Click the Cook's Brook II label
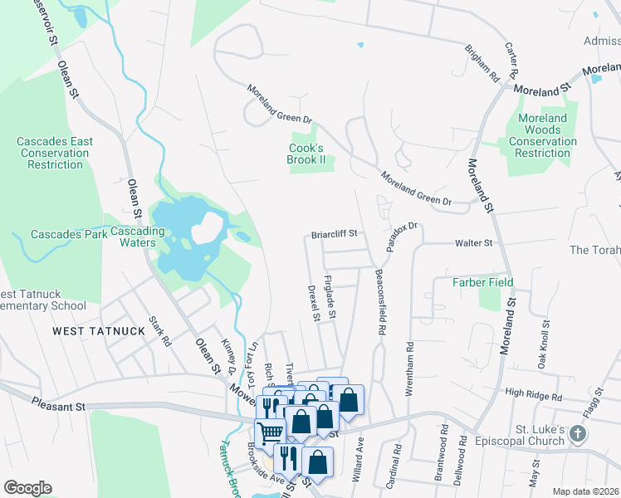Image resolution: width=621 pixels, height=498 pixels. [306, 154]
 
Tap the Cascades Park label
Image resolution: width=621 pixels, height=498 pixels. [69, 234]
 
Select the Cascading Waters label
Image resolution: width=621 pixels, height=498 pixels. [133, 237]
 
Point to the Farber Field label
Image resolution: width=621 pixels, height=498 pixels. [482, 282]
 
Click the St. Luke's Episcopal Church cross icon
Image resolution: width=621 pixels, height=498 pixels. [579, 433]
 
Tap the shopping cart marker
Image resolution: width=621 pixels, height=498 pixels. [270, 431]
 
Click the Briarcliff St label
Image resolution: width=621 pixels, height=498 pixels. [334, 234]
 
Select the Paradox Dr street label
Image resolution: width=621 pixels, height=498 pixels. [400, 236]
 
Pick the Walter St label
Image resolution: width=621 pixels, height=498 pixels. [473, 243]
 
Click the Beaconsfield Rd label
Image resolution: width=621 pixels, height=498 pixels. [380, 301]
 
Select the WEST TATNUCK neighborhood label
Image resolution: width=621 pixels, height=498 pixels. [99, 330]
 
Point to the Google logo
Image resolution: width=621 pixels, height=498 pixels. [27, 488]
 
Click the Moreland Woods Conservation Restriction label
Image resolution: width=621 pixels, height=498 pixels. [542, 135]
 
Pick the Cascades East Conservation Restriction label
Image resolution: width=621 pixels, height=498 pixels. [56, 153]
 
